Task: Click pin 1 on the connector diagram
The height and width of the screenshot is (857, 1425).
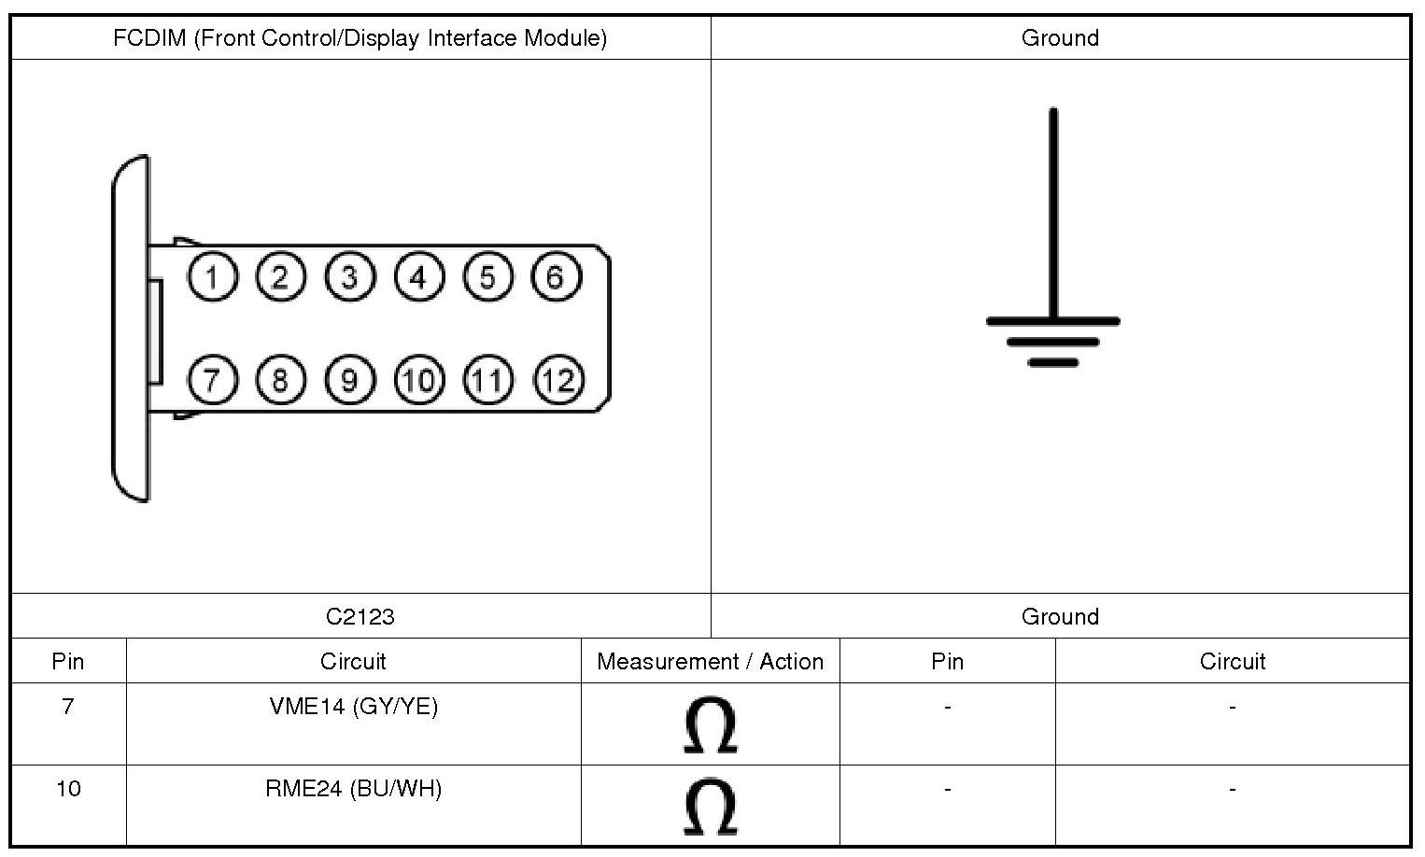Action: tap(213, 277)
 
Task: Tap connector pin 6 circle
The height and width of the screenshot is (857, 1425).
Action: tap(556, 277)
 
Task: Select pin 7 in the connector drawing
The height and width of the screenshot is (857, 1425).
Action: tap(213, 380)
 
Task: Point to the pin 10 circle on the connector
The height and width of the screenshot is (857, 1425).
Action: tap(419, 380)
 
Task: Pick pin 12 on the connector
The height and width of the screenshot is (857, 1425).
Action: tap(557, 380)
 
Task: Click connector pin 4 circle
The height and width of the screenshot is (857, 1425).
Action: tap(418, 277)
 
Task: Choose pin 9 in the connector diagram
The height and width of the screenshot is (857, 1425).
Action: tap(349, 380)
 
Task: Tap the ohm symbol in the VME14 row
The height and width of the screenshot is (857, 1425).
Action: tap(710, 725)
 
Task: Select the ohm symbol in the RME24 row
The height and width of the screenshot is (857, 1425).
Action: tap(710, 807)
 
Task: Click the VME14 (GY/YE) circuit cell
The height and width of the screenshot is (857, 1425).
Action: tap(353, 707)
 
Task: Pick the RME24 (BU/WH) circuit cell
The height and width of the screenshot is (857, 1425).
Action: tap(353, 789)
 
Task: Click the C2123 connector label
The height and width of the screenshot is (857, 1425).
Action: tap(360, 617)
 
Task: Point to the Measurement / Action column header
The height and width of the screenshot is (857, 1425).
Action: tap(710, 662)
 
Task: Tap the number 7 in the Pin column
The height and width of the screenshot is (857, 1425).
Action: tap(68, 707)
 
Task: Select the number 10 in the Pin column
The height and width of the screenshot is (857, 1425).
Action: tap(68, 789)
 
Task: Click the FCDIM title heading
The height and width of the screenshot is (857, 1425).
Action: tap(360, 38)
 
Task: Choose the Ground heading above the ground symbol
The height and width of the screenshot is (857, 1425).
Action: tap(1060, 38)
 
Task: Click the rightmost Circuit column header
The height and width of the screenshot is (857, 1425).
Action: tap(1232, 662)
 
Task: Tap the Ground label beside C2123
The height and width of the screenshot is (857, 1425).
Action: tap(1060, 617)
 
